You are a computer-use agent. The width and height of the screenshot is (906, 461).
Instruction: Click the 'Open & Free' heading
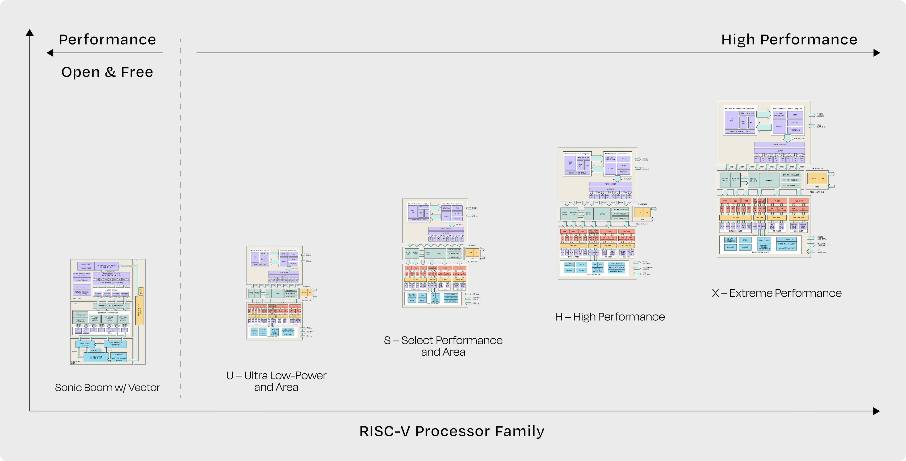click(x=107, y=72)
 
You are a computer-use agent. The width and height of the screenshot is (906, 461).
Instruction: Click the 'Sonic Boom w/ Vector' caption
click(x=107, y=387)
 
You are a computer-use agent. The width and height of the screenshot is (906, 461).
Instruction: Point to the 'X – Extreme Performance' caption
click(x=776, y=293)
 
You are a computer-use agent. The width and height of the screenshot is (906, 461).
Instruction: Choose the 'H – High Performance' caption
click(x=610, y=317)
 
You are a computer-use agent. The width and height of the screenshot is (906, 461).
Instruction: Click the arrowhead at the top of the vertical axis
click(x=30, y=32)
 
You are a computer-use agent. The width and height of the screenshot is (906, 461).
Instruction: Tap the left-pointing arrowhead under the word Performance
click(x=50, y=53)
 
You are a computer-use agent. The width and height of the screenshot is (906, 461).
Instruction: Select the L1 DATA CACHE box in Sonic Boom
click(x=95, y=357)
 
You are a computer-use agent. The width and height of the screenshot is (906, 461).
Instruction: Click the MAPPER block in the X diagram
click(x=769, y=180)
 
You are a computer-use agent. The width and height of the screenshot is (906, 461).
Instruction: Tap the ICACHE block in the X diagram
click(x=779, y=126)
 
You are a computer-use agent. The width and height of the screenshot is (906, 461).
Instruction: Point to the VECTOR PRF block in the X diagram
click(x=798, y=218)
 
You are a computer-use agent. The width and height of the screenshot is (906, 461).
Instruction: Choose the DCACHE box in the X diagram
click(x=730, y=247)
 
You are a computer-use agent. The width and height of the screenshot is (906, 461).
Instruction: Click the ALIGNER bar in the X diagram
click(x=779, y=150)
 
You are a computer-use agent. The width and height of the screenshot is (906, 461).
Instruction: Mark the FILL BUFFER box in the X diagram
click(x=786, y=239)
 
